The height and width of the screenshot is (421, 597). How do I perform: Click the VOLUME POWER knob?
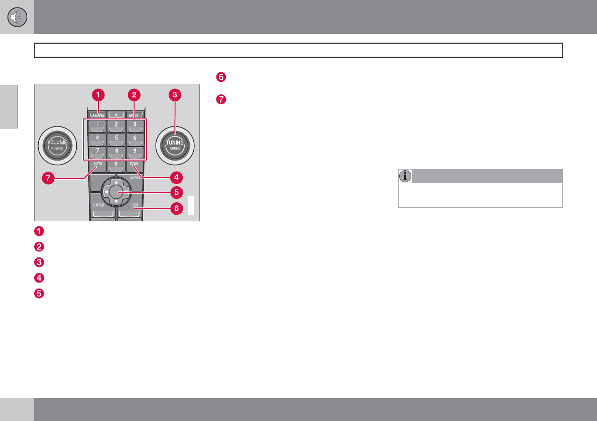pyautogui.click(x=57, y=146)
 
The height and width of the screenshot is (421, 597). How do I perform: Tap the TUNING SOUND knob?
pyautogui.click(x=175, y=146)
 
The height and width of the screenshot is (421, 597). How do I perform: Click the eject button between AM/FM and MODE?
pyautogui.click(x=116, y=114)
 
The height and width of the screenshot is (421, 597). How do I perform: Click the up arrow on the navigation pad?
pyautogui.click(x=116, y=181)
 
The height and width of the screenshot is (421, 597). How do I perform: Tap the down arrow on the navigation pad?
pyautogui.click(x=116, y=201)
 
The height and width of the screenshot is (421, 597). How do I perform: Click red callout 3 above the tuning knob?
pyautogui.click(x=175, y=94)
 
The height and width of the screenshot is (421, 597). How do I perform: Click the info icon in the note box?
pyautogui.click(x=405, y=176)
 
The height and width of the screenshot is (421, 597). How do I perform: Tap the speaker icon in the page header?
pyautogui.click(x=17, y=17)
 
